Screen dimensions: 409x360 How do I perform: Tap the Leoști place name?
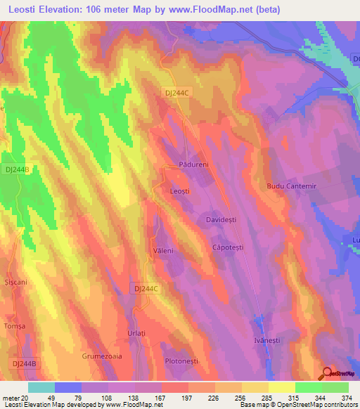[181, 190]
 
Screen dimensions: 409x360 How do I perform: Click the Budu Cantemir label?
[290, 186]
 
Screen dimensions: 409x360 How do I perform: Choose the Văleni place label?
[163, 250]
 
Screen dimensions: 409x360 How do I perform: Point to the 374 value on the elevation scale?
[347, 397]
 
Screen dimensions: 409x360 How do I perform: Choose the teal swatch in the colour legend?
[41, 387]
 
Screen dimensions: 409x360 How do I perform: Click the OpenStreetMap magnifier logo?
[327, 373]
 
